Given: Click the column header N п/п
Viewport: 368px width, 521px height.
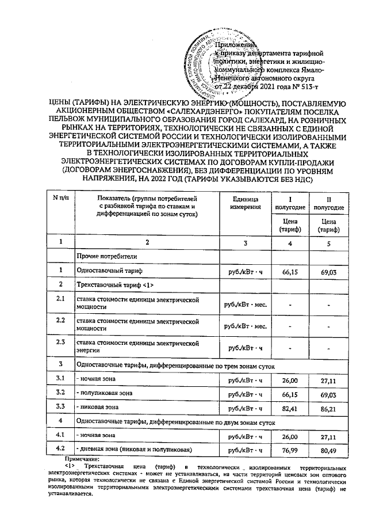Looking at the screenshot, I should tap(60, 199).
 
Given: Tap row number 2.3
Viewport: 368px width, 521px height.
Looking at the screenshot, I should tap(60, 343).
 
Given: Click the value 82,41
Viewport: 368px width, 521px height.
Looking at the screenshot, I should tap(290, 409).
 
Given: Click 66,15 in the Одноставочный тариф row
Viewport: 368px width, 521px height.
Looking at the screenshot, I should tap(290, 271).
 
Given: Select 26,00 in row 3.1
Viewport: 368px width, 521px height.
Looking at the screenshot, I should tap(290, 379).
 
